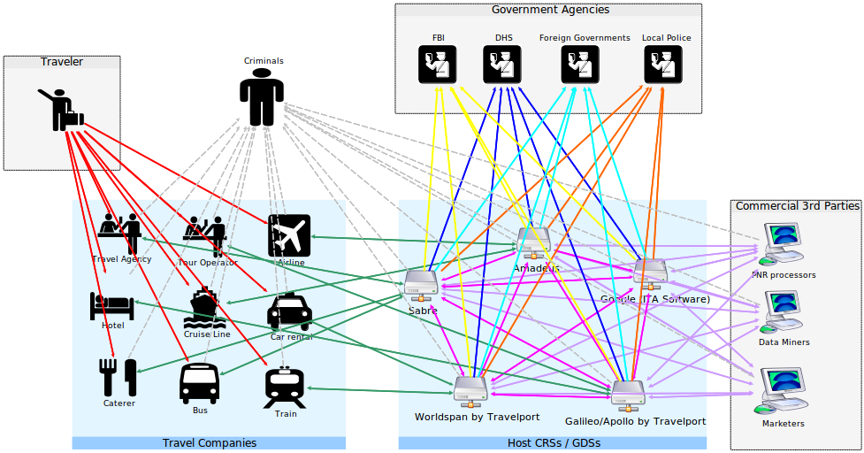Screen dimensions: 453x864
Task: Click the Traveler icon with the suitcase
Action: (x=61, y=110)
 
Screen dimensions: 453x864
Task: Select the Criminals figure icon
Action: (x=261, y=98)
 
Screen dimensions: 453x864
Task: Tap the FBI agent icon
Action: (x=438, y=65)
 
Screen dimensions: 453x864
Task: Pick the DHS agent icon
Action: (x=502, y=65)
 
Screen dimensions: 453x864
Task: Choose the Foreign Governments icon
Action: (x=580, y=65)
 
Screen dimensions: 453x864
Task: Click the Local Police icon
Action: (x=662, y=65)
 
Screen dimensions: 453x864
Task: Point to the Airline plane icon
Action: (x=289, y=235)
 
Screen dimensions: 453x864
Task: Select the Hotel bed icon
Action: (x=111, y=306)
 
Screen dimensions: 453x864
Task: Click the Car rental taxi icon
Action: (x=289, y=312)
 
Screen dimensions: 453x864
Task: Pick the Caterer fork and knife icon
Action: (x=119, y=378)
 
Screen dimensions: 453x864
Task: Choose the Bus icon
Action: (x=199, y=383)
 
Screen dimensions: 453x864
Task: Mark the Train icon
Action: (x=285, y=388)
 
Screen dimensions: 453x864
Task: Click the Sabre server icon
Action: (x=421, y=284)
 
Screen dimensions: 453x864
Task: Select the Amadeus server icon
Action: (x=533, y=242)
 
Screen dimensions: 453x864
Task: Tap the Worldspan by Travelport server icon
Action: (x=470, y=389)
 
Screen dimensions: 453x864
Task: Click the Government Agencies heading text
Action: (x=549, y=10)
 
